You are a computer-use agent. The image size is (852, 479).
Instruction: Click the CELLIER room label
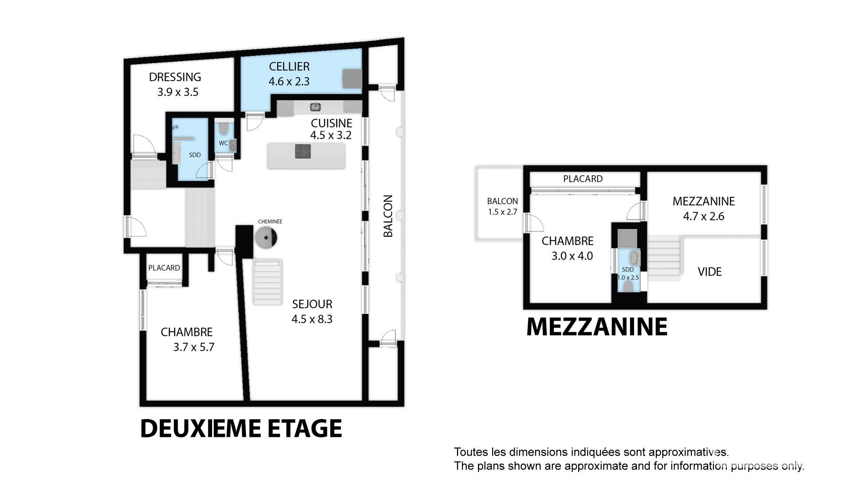pyautogui.click(x=289, y=67)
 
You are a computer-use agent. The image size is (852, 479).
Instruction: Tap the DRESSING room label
pyautogui.click(x=175, y=77)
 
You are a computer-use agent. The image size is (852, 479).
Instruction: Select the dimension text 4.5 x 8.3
pyautogui.click(x=312, y=319)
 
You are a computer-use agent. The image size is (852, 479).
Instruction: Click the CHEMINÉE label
pyautogui.click(x=270, y=221)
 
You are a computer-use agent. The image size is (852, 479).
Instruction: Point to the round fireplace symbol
pyautogui.click(x=266, y=237)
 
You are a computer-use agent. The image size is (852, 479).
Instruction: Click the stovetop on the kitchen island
pyautogui.click(x=303, y=151)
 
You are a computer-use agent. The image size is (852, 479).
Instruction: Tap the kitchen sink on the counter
pyautogui.click(x=315, y=107)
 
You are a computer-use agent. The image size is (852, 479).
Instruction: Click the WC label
pyautogui.click(x=223, y=143)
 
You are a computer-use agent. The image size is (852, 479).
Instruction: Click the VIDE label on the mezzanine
pyautogui.click(x=710, y=272)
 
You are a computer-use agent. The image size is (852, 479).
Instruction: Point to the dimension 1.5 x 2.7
pyautogui.click(x=503, y=212)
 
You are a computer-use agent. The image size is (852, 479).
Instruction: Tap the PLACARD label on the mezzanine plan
pyautogui.click(x=583, y=179)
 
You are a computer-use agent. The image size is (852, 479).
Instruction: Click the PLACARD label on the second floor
pyautogui.click(x=164, y=268)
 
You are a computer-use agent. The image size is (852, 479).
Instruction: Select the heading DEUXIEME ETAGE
pyautogui.click(x=241, y=428)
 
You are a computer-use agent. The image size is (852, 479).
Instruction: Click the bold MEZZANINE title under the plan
pyautogui.click(x=597, y=327)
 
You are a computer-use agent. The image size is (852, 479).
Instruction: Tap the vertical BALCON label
pyautogui.click(x=388, y=216)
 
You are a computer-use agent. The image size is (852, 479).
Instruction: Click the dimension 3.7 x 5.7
pyautogui.click(x=194, y=347)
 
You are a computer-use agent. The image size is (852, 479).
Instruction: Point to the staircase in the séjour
pyautogui.click(x=268, y=282)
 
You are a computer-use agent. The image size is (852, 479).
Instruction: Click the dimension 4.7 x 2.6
pyautogui.click(x=704, y=216)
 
